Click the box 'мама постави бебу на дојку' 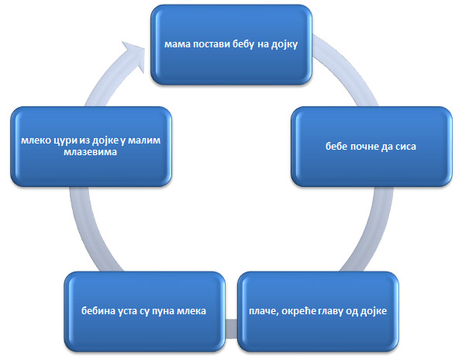231,45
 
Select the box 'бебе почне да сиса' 371,147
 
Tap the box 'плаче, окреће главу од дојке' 318,311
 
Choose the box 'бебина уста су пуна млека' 145,311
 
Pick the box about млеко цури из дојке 91,147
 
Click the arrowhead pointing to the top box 134,56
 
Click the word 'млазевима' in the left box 90,152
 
